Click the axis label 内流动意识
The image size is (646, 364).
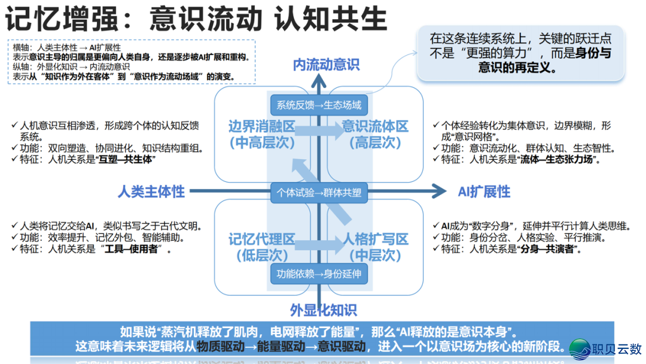(326, 65)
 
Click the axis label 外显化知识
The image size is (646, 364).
(323, 310)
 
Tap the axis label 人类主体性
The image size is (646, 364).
(151, 192)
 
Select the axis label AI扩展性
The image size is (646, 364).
(484, 192)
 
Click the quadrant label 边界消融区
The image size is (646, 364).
(262, 126)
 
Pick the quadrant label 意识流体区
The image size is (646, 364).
(375, 126)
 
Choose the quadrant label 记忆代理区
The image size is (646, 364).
(262, 239)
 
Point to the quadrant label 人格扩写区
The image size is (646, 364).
(375, 239)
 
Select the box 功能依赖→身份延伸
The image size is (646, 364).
(319, 274)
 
